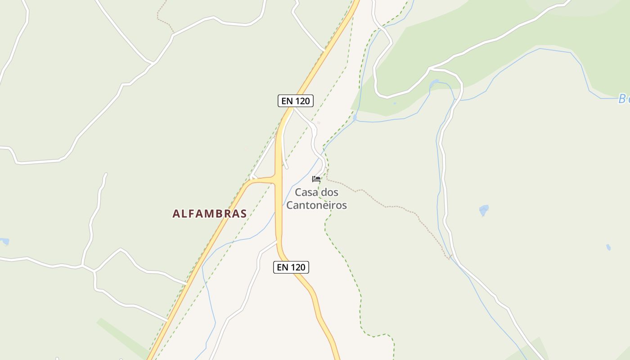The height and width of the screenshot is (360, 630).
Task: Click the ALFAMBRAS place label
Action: click(210, 213)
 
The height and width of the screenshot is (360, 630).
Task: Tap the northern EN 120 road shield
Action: click(295, 101)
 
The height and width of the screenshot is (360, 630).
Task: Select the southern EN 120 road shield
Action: click(291, 267)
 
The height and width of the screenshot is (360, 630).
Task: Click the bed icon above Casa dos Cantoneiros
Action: click(316, 179)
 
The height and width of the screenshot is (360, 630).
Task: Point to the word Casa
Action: click(306, 192)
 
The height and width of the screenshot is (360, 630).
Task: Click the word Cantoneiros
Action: click(317, 205)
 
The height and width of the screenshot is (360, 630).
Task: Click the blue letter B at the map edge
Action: click(623, 99)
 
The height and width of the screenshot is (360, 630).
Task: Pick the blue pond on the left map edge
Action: click(4, 242)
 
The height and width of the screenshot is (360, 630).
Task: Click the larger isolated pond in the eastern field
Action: click(484, 210)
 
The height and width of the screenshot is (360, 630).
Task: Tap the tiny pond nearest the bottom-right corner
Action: click(608, 247)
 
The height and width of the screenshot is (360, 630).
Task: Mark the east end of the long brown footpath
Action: click(450, 258)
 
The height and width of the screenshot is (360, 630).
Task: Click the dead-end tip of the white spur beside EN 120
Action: click(287, 168)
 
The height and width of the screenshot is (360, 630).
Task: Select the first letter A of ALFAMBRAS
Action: click(176, 214)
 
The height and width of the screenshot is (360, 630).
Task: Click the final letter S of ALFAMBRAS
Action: click(243, 214)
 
